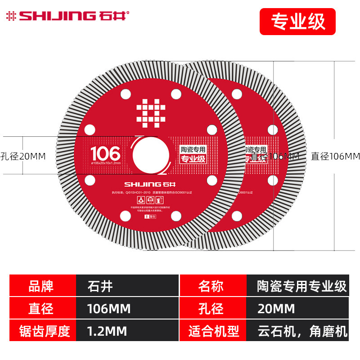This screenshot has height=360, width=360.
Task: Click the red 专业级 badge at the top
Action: point(297,22)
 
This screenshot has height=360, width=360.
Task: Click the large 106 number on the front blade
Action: point(105,152)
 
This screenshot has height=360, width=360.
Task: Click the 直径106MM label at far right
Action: point(335,156)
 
